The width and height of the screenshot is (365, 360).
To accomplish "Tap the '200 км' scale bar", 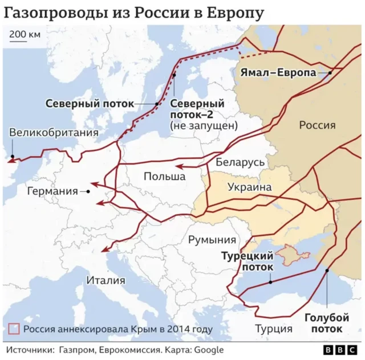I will point(25,36).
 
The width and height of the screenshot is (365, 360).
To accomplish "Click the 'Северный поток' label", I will point(90,104).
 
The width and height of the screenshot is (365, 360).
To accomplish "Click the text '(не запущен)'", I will point(204,126).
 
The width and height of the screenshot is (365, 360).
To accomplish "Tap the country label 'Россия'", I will point(317,125).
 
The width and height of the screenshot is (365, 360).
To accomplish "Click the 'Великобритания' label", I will point(54,133).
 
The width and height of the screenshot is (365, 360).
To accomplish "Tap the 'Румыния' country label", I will point(212,240).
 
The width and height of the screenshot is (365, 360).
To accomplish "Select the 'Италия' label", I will point(106,280).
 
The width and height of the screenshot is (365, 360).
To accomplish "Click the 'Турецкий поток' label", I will point(248,261).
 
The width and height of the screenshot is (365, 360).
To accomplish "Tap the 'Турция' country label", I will point(274,329).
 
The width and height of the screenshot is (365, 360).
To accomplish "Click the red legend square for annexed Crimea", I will point(14,329).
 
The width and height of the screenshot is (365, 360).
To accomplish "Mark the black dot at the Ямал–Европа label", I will point(331,73).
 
